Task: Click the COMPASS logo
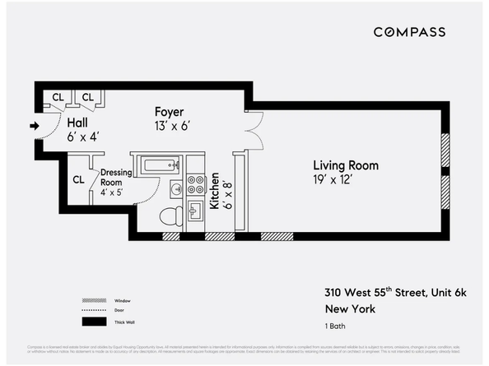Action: pyautogui.click(x=409, y=32)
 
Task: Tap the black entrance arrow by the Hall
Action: pyautogui.click(x=34, y=126)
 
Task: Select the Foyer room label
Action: pyautogui.click(x=170, y=112)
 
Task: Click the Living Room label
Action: pyautogui.click(x=345, y=165)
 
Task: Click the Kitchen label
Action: pyautogui.click(x=214, y=191)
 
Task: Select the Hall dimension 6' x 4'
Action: pyautogui.click(x=82, y=137)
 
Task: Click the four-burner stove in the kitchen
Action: pyautogui.click(x=196, y=186)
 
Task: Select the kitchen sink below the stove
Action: pyautogui.click(x=196, y=212)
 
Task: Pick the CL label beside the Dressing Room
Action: pyautogui.click(x=79, y=179)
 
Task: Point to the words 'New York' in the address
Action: pyautogui.click(x=351, y=309)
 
